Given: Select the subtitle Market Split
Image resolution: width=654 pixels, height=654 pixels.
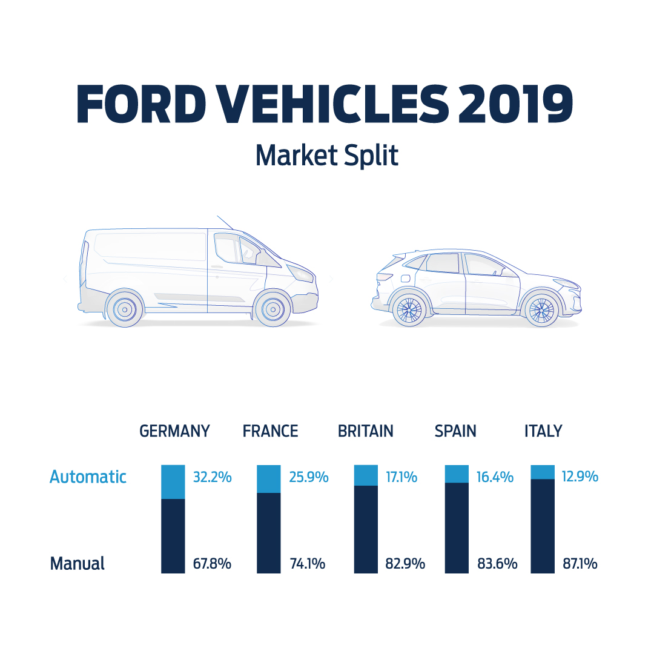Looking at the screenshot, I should (326, 156).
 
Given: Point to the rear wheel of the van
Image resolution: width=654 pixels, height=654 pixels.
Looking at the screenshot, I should (125, 308).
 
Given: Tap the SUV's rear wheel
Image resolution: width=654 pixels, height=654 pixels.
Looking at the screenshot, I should (409, 309).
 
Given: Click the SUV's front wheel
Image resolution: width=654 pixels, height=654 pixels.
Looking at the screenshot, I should (541, 309).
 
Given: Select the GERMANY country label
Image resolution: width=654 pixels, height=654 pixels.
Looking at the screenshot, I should (174, 431).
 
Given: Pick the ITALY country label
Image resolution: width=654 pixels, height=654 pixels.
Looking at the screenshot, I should (543, 431).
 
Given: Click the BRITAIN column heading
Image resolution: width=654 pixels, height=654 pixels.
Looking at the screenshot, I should (365, 431).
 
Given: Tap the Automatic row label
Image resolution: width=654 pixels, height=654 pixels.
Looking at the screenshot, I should (88, 477).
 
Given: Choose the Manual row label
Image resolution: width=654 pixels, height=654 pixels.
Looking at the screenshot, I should (77, 564).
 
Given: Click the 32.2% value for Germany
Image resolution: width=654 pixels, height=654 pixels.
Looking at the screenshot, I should (212, 477).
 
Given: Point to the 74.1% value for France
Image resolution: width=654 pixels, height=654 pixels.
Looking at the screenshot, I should (308, 564).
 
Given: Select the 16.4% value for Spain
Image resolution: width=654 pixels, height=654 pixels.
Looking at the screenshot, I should (494, 477).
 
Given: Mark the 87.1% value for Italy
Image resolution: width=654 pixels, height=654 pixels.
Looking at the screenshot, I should (580, 564).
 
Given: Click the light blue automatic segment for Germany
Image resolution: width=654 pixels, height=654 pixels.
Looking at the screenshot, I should (173, 482).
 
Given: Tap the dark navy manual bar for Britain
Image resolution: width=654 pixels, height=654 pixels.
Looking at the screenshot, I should (366, 529).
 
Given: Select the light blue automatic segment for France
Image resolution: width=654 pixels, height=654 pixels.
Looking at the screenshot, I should (269, 479).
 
